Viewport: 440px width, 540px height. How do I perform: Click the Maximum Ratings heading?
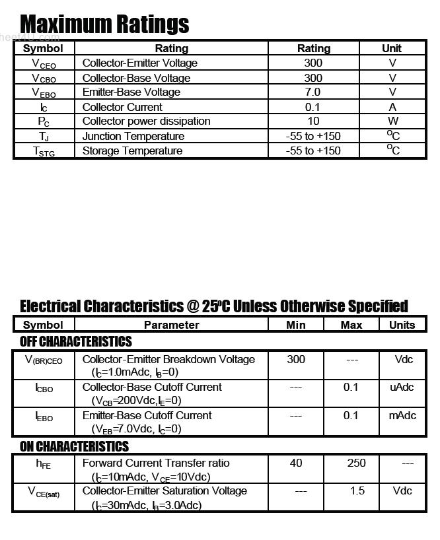pyautogui.click(x=104, y=24)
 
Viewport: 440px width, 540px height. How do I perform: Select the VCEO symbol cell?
pyautogui.click(x=44, y=63)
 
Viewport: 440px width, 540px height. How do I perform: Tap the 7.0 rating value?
pyautogui.click(x=313, y=92)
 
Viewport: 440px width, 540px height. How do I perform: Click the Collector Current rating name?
pyautogui.click(x=122, y=107)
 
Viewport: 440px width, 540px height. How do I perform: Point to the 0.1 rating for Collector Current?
pyautogui.click(x=313, y=107)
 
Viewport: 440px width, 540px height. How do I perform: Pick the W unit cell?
pyautogui.click(x=392, y=121)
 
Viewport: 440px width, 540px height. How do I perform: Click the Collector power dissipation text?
pyautogui.click(x=146, y=121)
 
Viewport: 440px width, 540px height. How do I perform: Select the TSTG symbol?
pyautogui.click(x=44, y=151)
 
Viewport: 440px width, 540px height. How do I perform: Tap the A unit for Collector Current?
pyautogui.click(x=392, y=107)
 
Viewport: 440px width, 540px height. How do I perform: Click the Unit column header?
pyautogui.click(x=392, y=48)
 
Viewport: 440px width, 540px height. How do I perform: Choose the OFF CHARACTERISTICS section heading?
pyautogui.click(x=76, y=341)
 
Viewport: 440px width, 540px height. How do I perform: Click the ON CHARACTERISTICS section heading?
pyautogui.click(x=74, y=446)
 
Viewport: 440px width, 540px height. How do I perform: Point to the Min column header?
pyautogui.click(x=296, y=325)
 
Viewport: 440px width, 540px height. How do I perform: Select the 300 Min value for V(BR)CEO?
pyautogui.click(x=296, y=359)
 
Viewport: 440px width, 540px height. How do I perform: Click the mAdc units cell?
pyautogui.click(x=402, y=415)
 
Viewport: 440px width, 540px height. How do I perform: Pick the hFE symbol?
pyautogui.click(x=43, y=463)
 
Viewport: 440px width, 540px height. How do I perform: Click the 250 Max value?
pyautogui.click(x=357, y=463)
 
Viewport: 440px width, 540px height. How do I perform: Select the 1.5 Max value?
pyautogui.click(x=357, y=490)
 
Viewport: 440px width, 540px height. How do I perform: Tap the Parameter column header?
pyautogui.click(x=171, y=325)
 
